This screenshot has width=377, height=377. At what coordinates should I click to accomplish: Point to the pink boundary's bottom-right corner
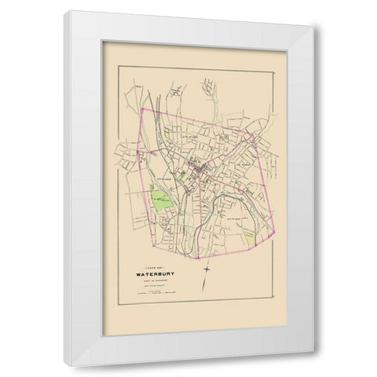[280, 234]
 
